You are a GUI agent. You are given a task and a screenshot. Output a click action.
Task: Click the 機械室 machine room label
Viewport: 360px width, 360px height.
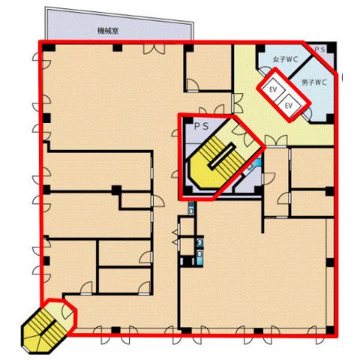[108, 31]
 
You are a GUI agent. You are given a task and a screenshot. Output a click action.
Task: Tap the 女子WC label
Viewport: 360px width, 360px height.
[286, 59]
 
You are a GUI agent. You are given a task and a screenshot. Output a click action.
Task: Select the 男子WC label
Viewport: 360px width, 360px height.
[314, 82]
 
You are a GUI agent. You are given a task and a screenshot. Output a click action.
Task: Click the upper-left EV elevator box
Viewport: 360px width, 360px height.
[273, 89]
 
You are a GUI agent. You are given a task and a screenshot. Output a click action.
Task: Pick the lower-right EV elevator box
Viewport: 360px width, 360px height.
[289, 106]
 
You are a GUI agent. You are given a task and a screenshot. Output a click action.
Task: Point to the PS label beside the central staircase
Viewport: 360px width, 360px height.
[201, 127]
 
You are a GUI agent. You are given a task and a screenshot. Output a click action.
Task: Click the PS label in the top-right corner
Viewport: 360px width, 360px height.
[319, 49]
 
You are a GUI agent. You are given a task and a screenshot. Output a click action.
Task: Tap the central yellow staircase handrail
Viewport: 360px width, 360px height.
[222, 156]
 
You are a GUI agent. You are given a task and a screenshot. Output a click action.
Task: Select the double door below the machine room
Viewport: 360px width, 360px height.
[154, 49]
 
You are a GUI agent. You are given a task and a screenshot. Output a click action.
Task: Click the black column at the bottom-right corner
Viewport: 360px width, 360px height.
[330, 330]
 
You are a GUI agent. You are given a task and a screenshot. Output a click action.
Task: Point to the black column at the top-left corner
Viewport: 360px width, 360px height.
[49, 48]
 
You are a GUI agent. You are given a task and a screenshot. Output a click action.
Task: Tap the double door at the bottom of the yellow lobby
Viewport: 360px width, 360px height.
[276, 140]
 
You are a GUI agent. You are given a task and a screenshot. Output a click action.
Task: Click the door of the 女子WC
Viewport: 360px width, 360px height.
[265, 70]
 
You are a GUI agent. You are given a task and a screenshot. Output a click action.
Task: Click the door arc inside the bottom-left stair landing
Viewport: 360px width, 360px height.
[67, 310]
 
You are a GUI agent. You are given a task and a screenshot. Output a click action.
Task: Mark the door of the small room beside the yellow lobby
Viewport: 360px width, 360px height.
[193, 85]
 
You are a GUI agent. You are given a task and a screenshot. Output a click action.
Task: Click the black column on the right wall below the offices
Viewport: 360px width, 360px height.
[330, 262]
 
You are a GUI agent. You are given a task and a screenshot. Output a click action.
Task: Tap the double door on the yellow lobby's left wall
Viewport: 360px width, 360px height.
[238, 103]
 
